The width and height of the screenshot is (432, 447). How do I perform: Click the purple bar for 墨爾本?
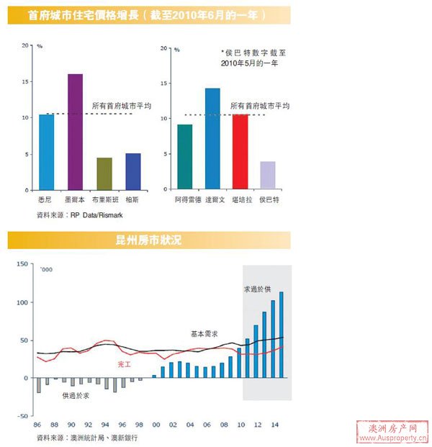coord(75,132)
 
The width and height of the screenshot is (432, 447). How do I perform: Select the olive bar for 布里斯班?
coord(104,174)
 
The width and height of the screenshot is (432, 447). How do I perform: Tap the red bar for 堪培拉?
coord(240,152)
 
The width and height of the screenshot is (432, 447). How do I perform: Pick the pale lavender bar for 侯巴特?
coord(267,176)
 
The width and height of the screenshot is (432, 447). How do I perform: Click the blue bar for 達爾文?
coord(212,139)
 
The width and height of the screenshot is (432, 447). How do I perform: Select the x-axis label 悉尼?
coord(46,199)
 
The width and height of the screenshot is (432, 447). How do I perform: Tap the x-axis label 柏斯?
coord(132,199)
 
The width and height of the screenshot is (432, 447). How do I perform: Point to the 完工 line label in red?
coord(124,365)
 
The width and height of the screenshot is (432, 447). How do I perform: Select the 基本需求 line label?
coord(204,334)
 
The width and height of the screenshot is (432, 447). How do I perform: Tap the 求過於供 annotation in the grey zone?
coord(257,289)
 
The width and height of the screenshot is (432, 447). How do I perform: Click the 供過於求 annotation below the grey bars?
coord(76,395)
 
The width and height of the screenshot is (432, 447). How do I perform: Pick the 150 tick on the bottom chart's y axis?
coord(20,264)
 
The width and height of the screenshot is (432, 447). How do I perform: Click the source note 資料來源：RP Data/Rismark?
coord(85,215)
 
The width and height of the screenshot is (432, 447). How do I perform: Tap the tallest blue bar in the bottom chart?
coord(281,335)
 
